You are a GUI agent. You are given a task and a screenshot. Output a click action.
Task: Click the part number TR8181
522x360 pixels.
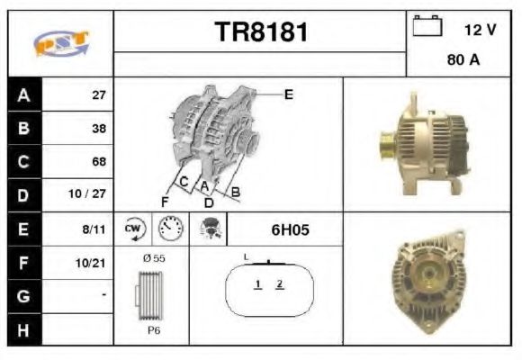[260, 32]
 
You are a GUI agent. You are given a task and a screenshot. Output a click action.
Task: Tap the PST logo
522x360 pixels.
[60, 42]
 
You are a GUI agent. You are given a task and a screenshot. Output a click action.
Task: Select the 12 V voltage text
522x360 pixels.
[480, 30]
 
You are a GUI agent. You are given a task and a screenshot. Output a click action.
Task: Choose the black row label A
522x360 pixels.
[23, 94]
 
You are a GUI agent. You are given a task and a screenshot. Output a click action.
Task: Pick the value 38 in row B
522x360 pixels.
[99, 128]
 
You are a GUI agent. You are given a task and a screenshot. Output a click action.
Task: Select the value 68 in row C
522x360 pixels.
[99, 162]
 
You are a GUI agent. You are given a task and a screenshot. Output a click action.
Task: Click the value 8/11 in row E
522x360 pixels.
[94, 229]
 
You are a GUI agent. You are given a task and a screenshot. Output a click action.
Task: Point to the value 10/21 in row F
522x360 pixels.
[93, 263]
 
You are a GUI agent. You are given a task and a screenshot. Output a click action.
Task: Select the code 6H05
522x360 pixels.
[290, 229]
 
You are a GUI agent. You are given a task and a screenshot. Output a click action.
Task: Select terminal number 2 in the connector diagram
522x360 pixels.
[280, 284]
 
